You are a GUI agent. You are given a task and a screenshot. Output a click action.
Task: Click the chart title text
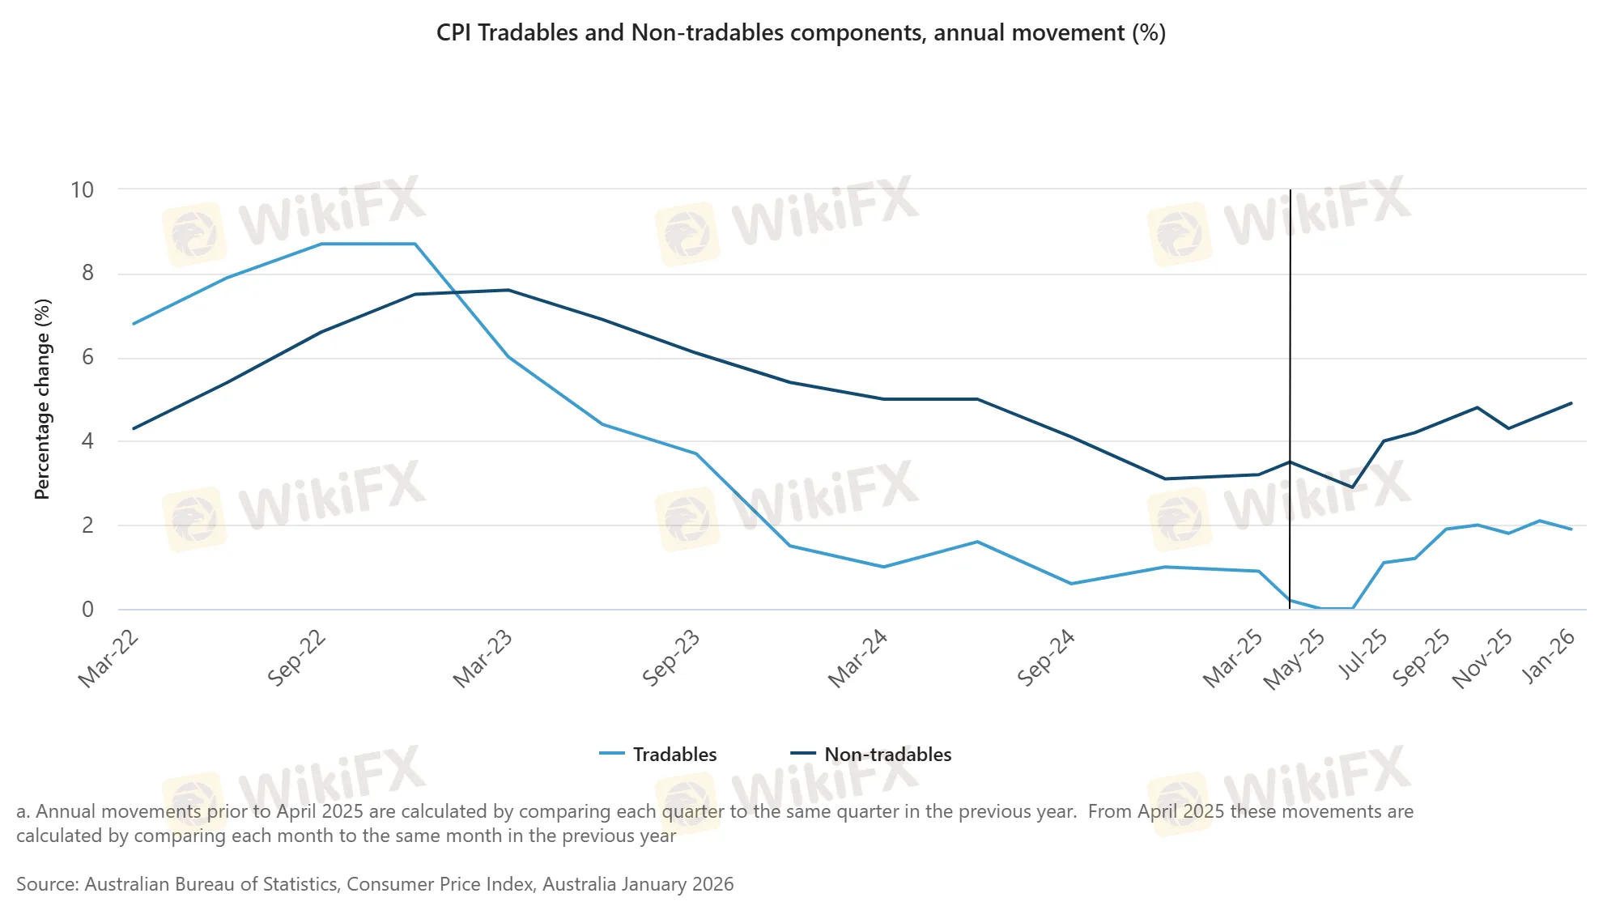tap(801, 32)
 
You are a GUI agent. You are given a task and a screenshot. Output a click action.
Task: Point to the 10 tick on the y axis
tap(83, 190)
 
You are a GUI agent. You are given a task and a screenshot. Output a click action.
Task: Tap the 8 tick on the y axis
tap(87, 274)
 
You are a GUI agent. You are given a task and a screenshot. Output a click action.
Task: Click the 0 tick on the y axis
tap(87, 610)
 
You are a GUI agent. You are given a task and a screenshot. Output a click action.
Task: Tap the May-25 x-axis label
tap(1295, 660)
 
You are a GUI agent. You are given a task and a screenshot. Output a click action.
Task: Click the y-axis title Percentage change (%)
tap(42, 399)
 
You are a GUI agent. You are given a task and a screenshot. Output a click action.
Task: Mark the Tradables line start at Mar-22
tap(134, 324)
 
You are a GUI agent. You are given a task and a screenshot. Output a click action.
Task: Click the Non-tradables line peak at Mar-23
tap(508, 290)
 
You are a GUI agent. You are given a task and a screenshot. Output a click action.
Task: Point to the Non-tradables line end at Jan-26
tap(1571, 403)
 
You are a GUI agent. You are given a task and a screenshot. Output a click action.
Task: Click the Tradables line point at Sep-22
tap(321, 244)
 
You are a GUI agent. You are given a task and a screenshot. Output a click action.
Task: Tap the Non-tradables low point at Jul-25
tap(1352, 487)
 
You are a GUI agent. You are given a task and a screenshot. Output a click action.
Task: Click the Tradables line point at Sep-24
tap(1071, 584)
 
